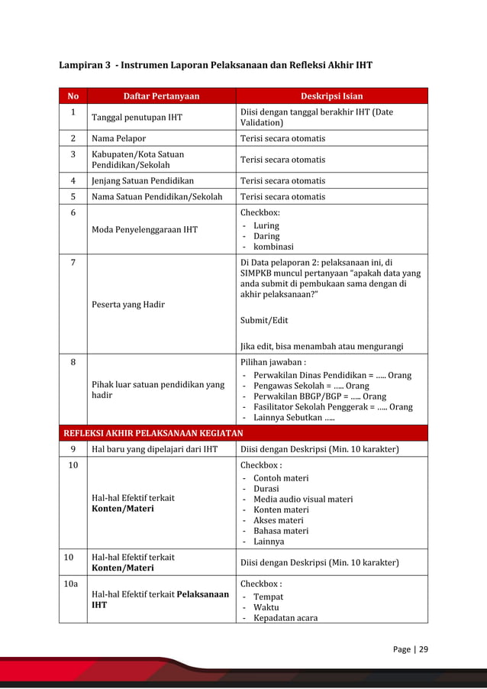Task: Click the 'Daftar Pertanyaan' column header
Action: pos(161,96)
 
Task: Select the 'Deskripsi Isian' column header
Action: pos(331,96)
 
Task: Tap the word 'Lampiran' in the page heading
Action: pos(80,65)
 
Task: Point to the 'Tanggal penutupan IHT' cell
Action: pos(137,118)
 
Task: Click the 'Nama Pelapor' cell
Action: pos(118,139)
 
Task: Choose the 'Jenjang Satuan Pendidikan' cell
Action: pos(142,181)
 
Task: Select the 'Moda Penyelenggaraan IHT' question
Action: pos(144,230)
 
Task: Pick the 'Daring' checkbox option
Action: pos(266,236)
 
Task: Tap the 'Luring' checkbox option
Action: pos(266,225)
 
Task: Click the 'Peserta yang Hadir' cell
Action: pos(128,304)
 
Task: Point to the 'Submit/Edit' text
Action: pos(264,320)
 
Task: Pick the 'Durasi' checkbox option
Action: pos(266,489)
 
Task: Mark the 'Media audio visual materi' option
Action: pos(303,500)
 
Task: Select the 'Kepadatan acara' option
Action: pos(285,618)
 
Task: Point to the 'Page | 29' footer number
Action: pos(411,650)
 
